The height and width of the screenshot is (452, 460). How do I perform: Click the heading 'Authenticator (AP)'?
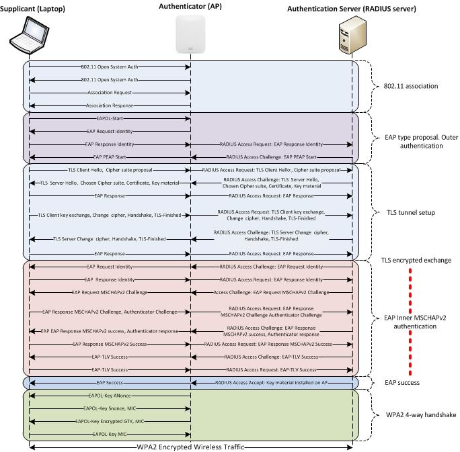pos(191,6)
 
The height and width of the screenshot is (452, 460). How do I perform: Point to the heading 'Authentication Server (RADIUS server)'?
pos(351,9)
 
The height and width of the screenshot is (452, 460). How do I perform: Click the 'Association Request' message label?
pos(110,92)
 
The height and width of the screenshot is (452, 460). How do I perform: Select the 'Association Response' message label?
pos(110,105)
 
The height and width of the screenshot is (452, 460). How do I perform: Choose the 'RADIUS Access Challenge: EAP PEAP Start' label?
pos(271,157)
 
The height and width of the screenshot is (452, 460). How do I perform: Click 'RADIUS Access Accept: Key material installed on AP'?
pos(272,381)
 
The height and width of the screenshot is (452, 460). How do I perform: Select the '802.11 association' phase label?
pos(410,86)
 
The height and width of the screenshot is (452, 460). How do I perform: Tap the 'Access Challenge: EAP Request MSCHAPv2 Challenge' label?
pos(271,292)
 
